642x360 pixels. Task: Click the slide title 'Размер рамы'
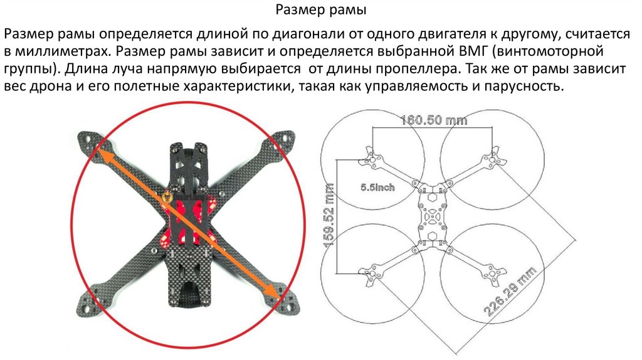(321, 11)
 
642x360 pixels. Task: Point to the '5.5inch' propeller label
(377, 187)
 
